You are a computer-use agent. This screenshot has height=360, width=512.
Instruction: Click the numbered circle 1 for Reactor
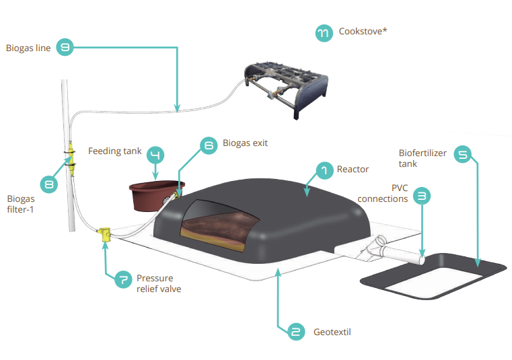[x=324, y=171]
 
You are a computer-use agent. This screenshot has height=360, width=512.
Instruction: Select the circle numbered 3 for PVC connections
[x=421, y=196]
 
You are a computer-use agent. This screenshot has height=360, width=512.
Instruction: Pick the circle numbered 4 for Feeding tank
[x=155, y=155]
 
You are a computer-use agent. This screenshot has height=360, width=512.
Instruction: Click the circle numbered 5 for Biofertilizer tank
[x=463, y=155]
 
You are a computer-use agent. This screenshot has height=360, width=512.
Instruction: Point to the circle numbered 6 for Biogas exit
[x=209, y=145]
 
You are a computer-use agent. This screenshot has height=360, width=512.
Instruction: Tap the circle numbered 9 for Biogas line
[x=65, y=47]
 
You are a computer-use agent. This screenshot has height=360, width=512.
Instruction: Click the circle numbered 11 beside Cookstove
[x=324, y=33]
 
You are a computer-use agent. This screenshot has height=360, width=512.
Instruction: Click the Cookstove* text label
[x=363, y=32]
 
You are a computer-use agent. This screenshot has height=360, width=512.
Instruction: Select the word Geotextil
[x=332, y=332]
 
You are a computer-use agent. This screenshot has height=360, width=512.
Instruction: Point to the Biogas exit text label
[x=245, y=143]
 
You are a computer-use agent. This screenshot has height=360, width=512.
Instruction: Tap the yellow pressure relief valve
[x=105, y=233]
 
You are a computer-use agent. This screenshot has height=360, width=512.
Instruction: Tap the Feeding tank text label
[x=114, y=151]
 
